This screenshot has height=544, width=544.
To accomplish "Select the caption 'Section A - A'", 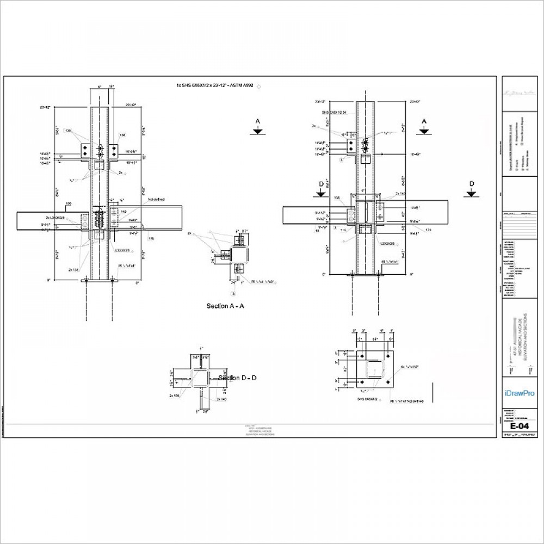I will click(x=225, y=306).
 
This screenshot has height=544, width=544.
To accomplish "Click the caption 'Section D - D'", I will click(x=238, y=378).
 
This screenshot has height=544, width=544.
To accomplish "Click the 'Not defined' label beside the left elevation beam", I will click(x=156, y=200).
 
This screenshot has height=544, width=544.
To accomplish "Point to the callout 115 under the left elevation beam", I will click(x=151, y=238).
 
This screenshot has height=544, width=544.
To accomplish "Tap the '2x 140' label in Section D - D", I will click(x=222, y=399).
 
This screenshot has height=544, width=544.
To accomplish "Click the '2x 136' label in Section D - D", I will click(x=174, y=395).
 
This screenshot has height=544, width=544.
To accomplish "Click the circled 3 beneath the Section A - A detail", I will click(x=234, y=293).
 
